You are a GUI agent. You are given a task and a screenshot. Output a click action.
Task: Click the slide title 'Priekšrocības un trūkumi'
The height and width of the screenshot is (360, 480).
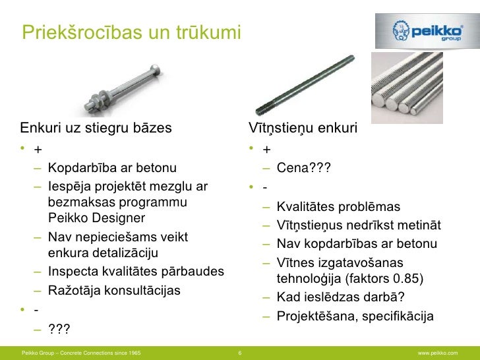131,32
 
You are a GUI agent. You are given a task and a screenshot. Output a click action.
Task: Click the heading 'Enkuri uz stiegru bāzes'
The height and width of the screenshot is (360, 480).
96,127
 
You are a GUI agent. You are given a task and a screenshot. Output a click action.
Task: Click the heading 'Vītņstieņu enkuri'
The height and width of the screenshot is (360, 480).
302,127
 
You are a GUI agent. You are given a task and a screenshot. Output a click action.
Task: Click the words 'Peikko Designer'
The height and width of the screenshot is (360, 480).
96,218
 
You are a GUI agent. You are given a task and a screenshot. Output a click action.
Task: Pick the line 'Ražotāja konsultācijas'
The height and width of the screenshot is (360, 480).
114,290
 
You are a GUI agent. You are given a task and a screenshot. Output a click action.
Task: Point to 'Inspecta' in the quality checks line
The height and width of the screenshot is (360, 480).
73,272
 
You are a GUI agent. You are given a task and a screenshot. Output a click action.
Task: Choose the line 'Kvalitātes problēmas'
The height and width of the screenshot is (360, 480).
338,207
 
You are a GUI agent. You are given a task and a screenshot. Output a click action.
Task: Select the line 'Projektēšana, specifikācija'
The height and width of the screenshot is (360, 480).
355,316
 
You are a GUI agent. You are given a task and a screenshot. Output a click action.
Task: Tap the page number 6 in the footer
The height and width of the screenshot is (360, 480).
239,354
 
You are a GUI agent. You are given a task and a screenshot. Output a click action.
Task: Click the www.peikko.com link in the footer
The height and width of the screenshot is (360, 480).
437,354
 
